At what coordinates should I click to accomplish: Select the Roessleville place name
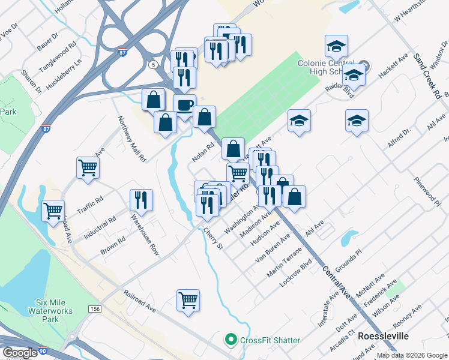tap(383, 337)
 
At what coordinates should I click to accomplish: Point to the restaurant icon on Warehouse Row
tap(141, 199)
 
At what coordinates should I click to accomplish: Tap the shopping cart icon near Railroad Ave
tap(188, 300)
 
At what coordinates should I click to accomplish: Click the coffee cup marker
tap(184, 104)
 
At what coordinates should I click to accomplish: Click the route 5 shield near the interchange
tap(154, 64)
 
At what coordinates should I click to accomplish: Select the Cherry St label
tap(212, 238)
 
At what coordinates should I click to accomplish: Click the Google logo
tap(20, 353)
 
